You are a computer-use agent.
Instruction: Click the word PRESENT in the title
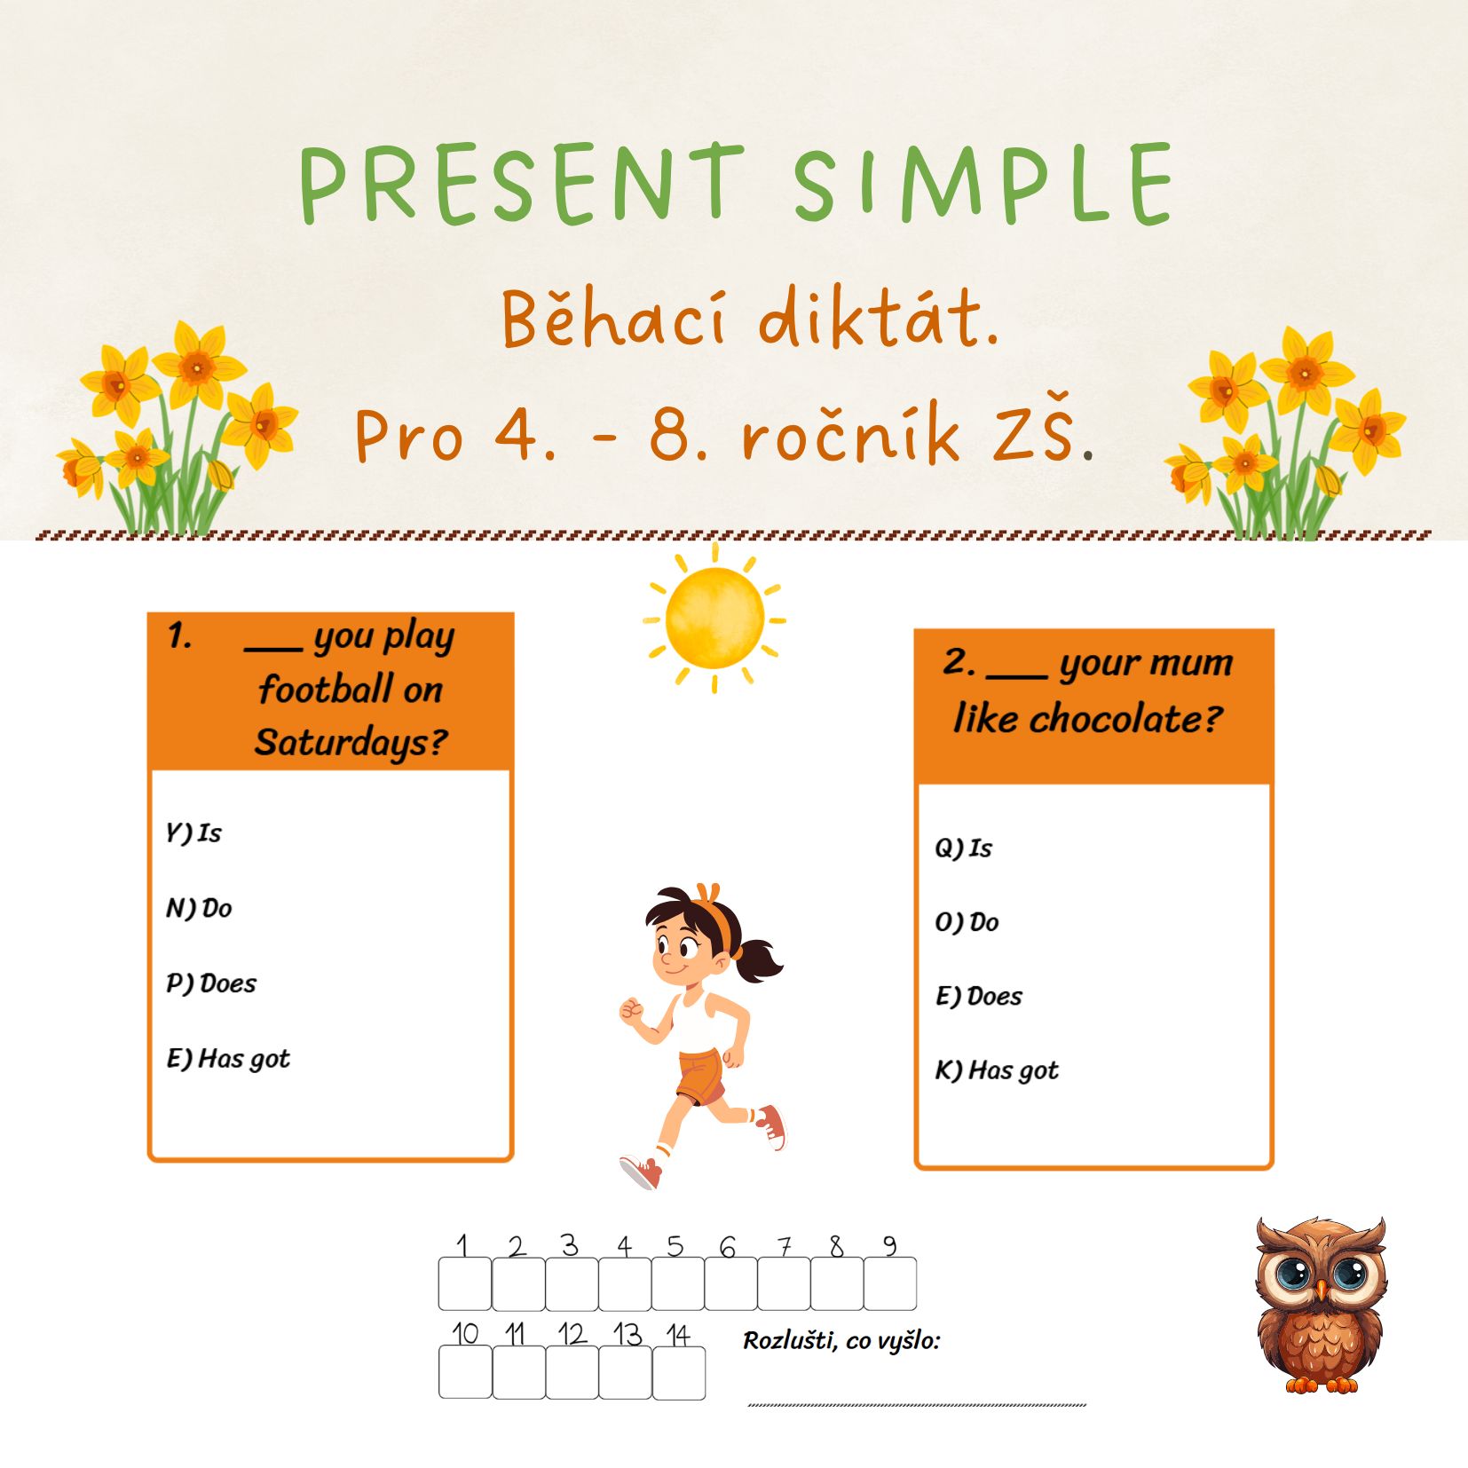(x=522, y=182)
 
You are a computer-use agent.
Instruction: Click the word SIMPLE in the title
(x=983, y=182)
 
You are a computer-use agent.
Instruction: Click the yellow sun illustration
(x=714, y=618)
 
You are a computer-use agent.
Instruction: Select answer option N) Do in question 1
(x=199, y=908)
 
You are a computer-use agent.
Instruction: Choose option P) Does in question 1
(x=211, y=983)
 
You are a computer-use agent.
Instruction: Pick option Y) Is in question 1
(x=193, y=833)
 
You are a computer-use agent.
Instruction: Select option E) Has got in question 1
(x=228, y=1059)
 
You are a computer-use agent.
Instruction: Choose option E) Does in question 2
(x=979, y=996)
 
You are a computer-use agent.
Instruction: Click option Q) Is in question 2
(x=963, y=848)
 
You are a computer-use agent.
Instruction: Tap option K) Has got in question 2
(x=997, y=1070)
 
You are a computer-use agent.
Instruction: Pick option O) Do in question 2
(x=967, y=922)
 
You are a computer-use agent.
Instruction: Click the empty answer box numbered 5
(x=678, y=1283)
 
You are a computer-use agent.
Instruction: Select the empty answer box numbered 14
(x=679, y=1373)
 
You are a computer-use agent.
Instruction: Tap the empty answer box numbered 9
(x=890, y=1283)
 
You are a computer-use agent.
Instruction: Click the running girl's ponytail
(x=756, y=959)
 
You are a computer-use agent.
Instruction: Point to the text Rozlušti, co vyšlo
(x=841, y=1340)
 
